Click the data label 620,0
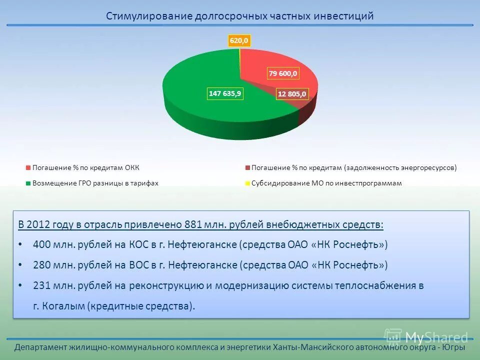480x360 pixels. point(239,40)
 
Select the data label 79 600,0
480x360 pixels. point(283,73)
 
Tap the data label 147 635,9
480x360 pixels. point(225,93)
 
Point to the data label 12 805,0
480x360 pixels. point(291,93)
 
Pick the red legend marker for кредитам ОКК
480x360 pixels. point(28,167)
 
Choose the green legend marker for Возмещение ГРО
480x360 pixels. point(28,183)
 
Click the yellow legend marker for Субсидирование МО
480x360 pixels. point(247,183)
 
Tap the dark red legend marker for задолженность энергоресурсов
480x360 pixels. point(247,167)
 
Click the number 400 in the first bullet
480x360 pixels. point(41,245)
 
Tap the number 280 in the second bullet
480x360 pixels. point(41,265)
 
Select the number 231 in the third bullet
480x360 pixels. point(41,285)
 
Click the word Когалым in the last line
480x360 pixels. point(64,306)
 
